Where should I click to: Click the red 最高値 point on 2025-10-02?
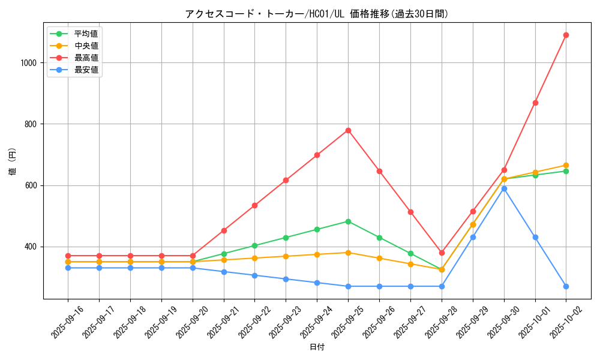point(566,35)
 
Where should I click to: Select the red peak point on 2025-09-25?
point(348,130)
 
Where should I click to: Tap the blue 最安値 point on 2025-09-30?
point(504,188)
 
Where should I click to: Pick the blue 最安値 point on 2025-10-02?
point(566,286)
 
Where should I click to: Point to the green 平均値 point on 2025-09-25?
point(348,221)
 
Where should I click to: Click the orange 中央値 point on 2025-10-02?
point(566,165)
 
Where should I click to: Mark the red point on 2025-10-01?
point(535,103)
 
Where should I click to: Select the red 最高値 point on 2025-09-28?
point(442,253)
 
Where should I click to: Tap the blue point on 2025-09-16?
point(68,268)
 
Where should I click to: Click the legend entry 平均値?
point(86,34)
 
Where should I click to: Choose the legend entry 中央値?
point(86,46)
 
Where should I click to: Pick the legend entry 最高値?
point(86,58)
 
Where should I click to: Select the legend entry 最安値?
point(86,70)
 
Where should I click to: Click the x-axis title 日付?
point(317,347)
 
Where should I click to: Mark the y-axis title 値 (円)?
point(12,162)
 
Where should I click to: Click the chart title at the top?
point(317,14)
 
